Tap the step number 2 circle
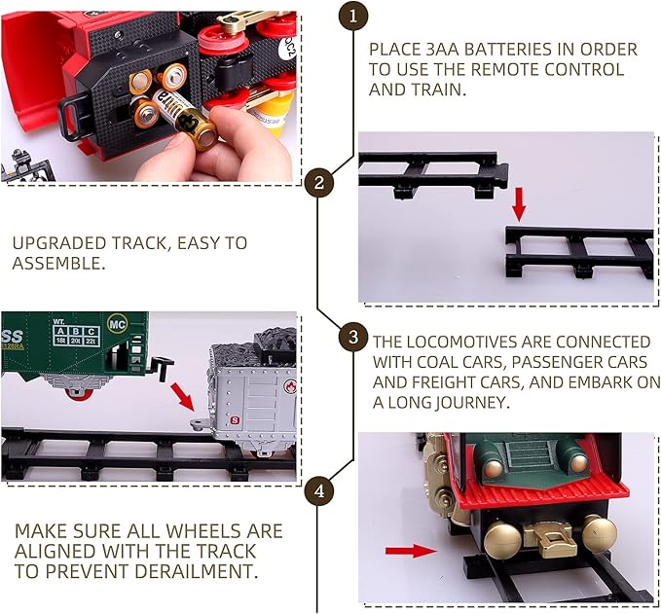point(318,182)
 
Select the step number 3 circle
point(352,338)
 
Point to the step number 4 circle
point(318,491)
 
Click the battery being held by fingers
point(193,126)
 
